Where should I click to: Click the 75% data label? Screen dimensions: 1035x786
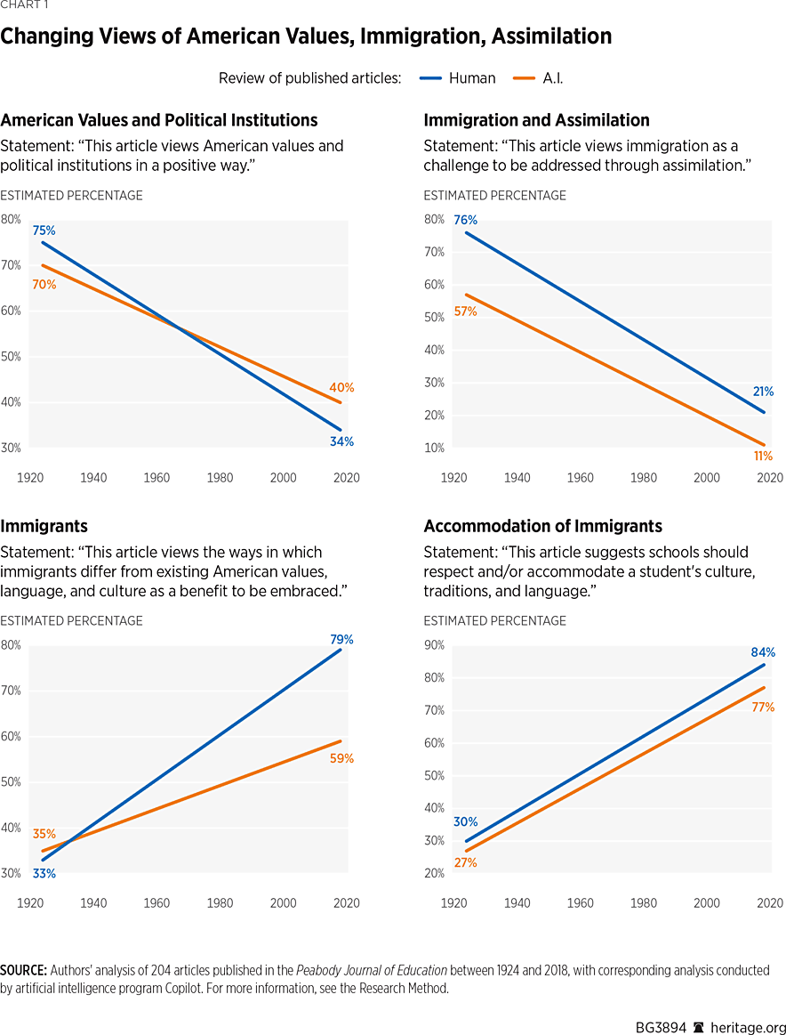tap(44, 230)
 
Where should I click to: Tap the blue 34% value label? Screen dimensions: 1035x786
tap(342, 442)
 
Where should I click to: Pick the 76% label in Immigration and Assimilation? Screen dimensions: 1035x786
tap(466, 221)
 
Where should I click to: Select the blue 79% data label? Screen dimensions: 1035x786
tap(342, 639)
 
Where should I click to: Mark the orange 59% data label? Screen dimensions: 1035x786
tap(342, 759)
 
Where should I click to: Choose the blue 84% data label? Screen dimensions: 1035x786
tap(763, 652)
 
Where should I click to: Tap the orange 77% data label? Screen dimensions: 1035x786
tap(763, 708)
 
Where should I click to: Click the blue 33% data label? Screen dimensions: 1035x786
tap(44, 874)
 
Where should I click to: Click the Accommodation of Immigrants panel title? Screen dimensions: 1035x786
tap(542, 526)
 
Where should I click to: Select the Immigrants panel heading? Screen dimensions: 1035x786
tap(44, 526)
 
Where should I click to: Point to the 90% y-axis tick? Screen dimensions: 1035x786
tap(434, 645)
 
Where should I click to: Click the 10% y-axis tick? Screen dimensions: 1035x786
tap(434, 448)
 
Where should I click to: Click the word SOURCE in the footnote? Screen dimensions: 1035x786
tap(23, 970)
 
